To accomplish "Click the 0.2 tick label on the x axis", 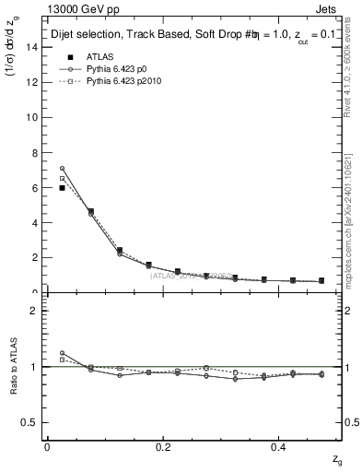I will coord(163,447).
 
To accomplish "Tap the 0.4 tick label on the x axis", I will coord(280,447).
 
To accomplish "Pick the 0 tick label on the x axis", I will coord(47,447).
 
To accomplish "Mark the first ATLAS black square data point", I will coord(62,188).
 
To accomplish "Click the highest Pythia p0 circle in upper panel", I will coord(62,169).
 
